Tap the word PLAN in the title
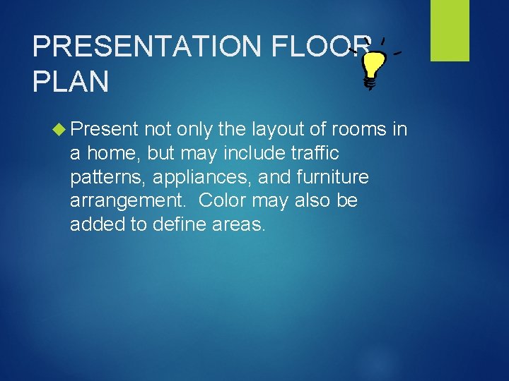coord(71,83)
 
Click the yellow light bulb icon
coord(373,66)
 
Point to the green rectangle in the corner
coord(450,30)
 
